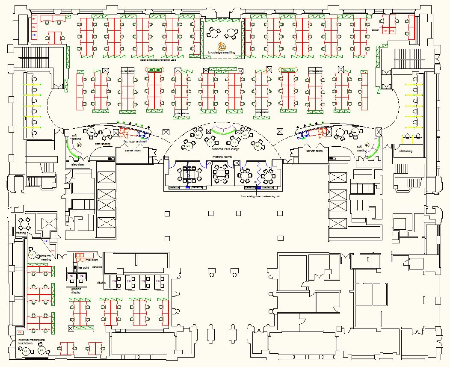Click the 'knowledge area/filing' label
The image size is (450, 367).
click(222, 52)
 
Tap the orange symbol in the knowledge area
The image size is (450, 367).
click(222, 46)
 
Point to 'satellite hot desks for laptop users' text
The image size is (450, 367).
click(159, 60)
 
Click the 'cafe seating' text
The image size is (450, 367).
click(102, 144)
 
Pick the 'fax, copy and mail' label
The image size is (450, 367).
click(135, 141)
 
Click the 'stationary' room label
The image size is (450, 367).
click(406, 151)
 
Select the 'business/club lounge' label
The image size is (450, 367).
click(226, 150)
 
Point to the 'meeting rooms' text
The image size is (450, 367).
click(222, 157)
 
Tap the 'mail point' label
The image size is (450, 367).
click(92, 260)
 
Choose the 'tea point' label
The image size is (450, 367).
click(83, 267)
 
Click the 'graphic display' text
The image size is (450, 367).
click(76, 291)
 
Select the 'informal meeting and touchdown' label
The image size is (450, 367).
click(31, 341)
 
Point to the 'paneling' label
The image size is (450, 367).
click(98, 267)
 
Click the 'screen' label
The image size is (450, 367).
click(375, 30)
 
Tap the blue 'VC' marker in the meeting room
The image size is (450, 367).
click(256, 182)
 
